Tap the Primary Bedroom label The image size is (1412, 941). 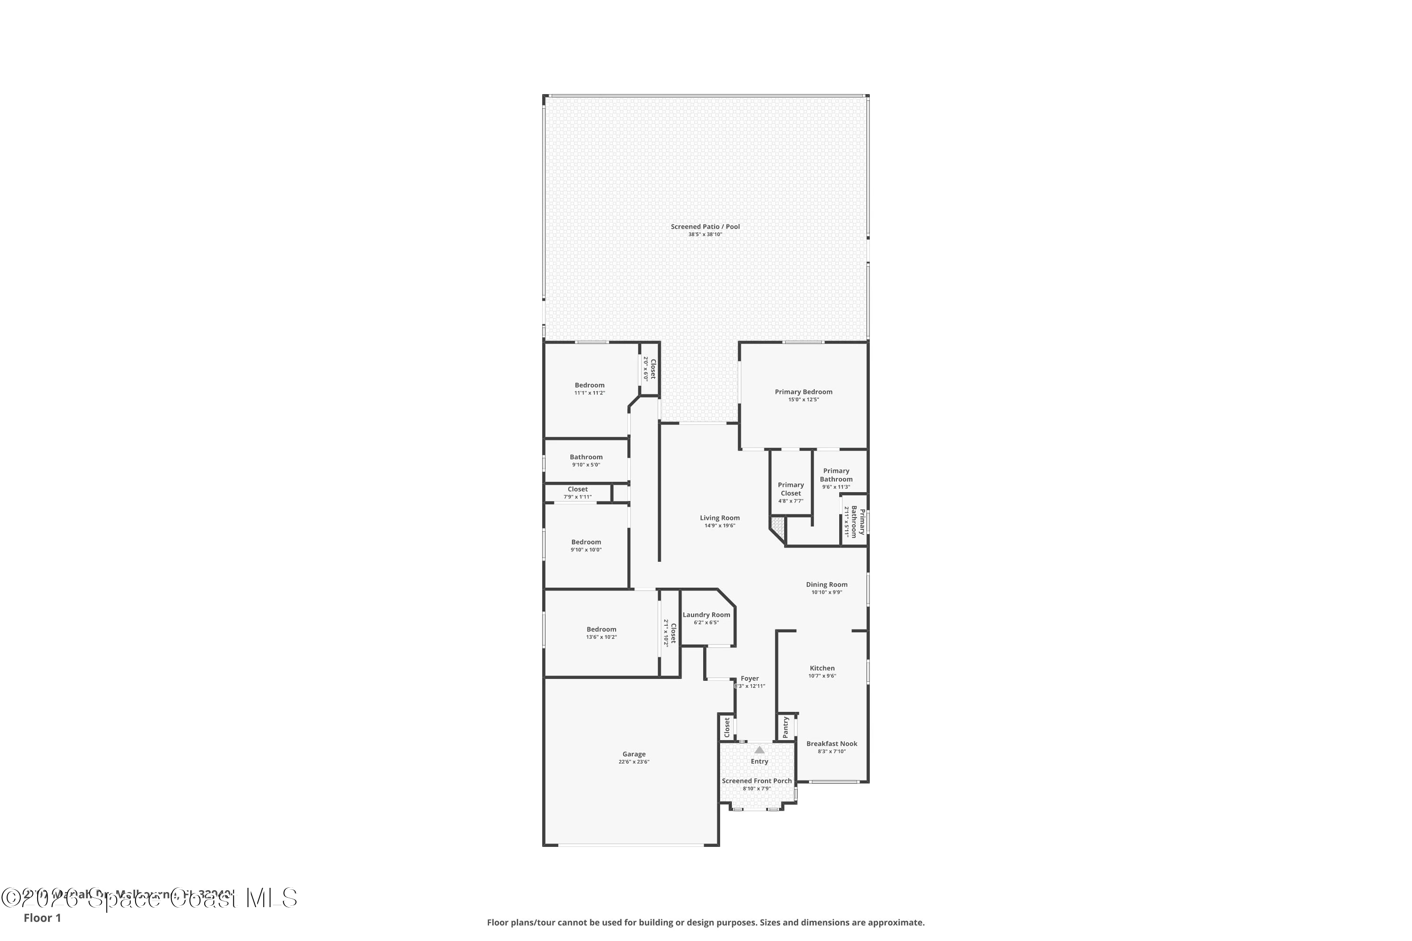[x=803, y=392]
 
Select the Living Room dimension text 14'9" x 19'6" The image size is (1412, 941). [x=720, y=526]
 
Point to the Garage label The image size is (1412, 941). [x=634, y=754]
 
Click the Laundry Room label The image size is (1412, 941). [x=706, y=614]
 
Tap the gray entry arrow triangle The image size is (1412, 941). [x=760, y=750]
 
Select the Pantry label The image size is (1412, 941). [x=785, y=727]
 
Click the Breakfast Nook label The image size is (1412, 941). [x=832, y=743]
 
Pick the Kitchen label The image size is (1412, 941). [x=822, y=668]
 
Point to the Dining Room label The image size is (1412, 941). [x=826, y=584]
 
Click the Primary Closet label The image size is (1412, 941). [x=791, y=489]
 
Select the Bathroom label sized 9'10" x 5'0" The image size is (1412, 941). [x=586, y=457]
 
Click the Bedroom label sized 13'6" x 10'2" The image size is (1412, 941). [x=601, y=630]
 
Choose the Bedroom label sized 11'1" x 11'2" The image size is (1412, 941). [x=590, y=385]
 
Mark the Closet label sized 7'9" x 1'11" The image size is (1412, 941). [x=578, y=489]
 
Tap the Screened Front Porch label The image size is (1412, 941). [x=756, y=781]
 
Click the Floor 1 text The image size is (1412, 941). [x=42, y=917]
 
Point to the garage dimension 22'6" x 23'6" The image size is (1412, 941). [x=634, y=762]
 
